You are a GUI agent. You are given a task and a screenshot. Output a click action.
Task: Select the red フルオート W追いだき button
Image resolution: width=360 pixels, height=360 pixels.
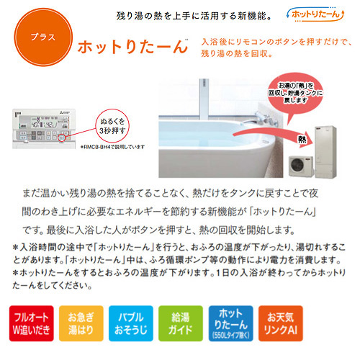(31, 323)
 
